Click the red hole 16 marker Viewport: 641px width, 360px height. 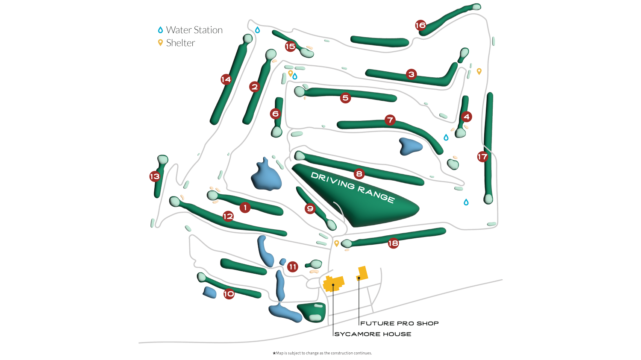point(420,26)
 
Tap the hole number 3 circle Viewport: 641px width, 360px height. point(412,74)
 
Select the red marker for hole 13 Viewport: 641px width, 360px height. point(155,176)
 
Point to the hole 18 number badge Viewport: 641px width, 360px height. point(393,243)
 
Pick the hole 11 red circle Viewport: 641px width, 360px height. point(292,267)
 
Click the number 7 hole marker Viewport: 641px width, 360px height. point(390,120)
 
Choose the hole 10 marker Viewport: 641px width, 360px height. point(229,294)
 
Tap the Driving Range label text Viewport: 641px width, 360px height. point(353,187)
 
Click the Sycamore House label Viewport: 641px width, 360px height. point(373,334)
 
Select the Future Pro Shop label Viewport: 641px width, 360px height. point(399,323)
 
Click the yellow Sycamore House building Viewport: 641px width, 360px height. point(333,284)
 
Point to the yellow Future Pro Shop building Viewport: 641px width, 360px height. point(362,273)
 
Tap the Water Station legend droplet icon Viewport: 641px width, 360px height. point(161,30)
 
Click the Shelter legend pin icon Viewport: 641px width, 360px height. point(161,43)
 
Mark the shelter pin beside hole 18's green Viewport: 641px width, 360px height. point(337,243)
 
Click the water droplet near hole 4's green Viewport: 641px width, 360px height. point(446,138)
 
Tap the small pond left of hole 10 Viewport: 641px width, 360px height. point(209,293)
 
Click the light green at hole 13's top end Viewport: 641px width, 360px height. point(163,159)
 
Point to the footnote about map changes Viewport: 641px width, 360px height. point(322,353)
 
